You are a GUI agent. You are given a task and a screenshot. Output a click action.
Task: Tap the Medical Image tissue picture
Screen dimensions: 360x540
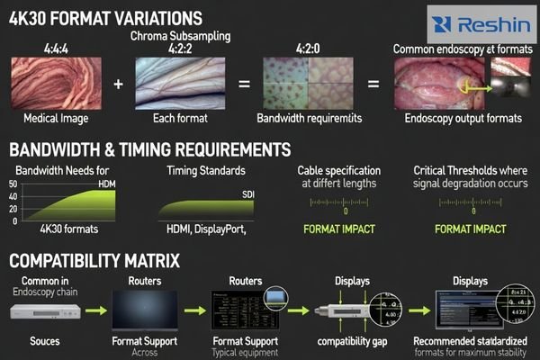pyautogui.click(x=55, y=81)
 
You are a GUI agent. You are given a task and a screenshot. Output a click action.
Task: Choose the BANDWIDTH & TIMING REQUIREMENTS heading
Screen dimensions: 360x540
pyautogui.click(x=149, y=149)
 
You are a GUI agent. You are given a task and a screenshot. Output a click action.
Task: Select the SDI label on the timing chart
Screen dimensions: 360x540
pyautogui.click(x=247, y=193)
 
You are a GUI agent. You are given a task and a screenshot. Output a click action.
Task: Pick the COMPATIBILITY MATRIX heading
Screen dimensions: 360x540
pyautogui.click(x=94, y=263)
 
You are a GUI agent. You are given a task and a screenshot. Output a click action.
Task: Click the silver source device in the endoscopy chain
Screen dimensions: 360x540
pyautogui.click(x=49, y=311)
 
